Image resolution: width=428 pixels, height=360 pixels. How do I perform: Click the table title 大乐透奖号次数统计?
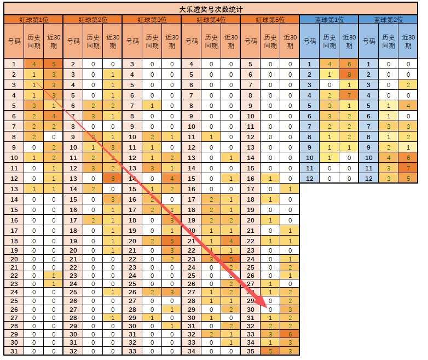[x=211, y=9]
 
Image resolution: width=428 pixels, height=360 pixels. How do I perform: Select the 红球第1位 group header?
[x=34, y=20]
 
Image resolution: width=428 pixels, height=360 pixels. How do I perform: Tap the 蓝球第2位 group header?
[x=389, y=20]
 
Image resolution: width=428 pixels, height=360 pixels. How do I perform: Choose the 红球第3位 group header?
[x=152, y=20]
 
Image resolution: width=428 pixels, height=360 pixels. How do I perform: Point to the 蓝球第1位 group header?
[x=329, y=20]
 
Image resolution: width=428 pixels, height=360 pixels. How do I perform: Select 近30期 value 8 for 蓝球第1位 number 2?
[x=349, y=75]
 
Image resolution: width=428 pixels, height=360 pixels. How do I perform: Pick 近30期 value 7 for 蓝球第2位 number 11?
[x=408, y=168]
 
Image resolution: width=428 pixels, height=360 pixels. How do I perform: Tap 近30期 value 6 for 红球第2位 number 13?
[x=113, y=179]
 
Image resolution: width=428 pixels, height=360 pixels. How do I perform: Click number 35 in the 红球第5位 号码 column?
[x=251, y=351]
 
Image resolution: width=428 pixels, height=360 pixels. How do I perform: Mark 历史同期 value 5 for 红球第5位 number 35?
[x=270, y=351]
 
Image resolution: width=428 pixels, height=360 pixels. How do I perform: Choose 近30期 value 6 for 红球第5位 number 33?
[x=290, y=334]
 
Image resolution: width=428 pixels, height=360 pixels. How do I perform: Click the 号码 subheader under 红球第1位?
[x=14, y=41]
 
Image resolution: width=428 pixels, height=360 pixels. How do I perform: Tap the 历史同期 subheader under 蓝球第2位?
[x=389, y=41]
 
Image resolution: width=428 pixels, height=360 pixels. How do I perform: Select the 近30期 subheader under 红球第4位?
[x=231, y=41]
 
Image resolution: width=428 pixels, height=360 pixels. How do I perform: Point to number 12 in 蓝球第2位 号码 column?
[x=368, y=179]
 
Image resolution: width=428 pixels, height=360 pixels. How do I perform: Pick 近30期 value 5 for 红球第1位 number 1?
[x=54, y=64]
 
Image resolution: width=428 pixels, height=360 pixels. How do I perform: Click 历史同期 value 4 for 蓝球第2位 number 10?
[x=389, y=158]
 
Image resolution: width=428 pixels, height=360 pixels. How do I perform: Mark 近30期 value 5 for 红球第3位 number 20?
[x=172, y=241]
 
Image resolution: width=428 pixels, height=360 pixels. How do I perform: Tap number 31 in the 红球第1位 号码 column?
[x=14, y=351]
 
